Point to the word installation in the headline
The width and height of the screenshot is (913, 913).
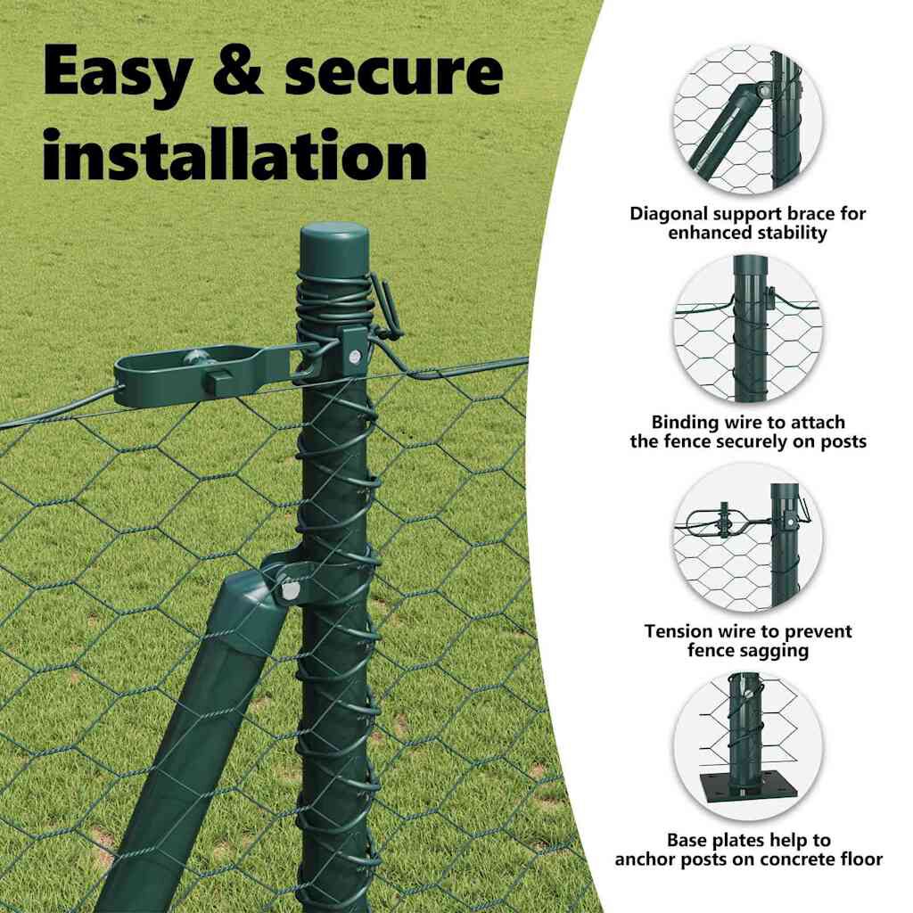[x=235, y=153]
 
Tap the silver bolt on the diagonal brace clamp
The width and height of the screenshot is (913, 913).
[x=290, y=591]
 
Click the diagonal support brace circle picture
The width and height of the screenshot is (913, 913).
[x=748, y=119]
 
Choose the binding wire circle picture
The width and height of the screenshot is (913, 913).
[x=748, y=328]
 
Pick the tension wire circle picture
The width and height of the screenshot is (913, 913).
[x=748, y=537]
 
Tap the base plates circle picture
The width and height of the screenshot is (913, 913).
[x=748, y=746]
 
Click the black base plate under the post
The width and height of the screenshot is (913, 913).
[x=743, y=790]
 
